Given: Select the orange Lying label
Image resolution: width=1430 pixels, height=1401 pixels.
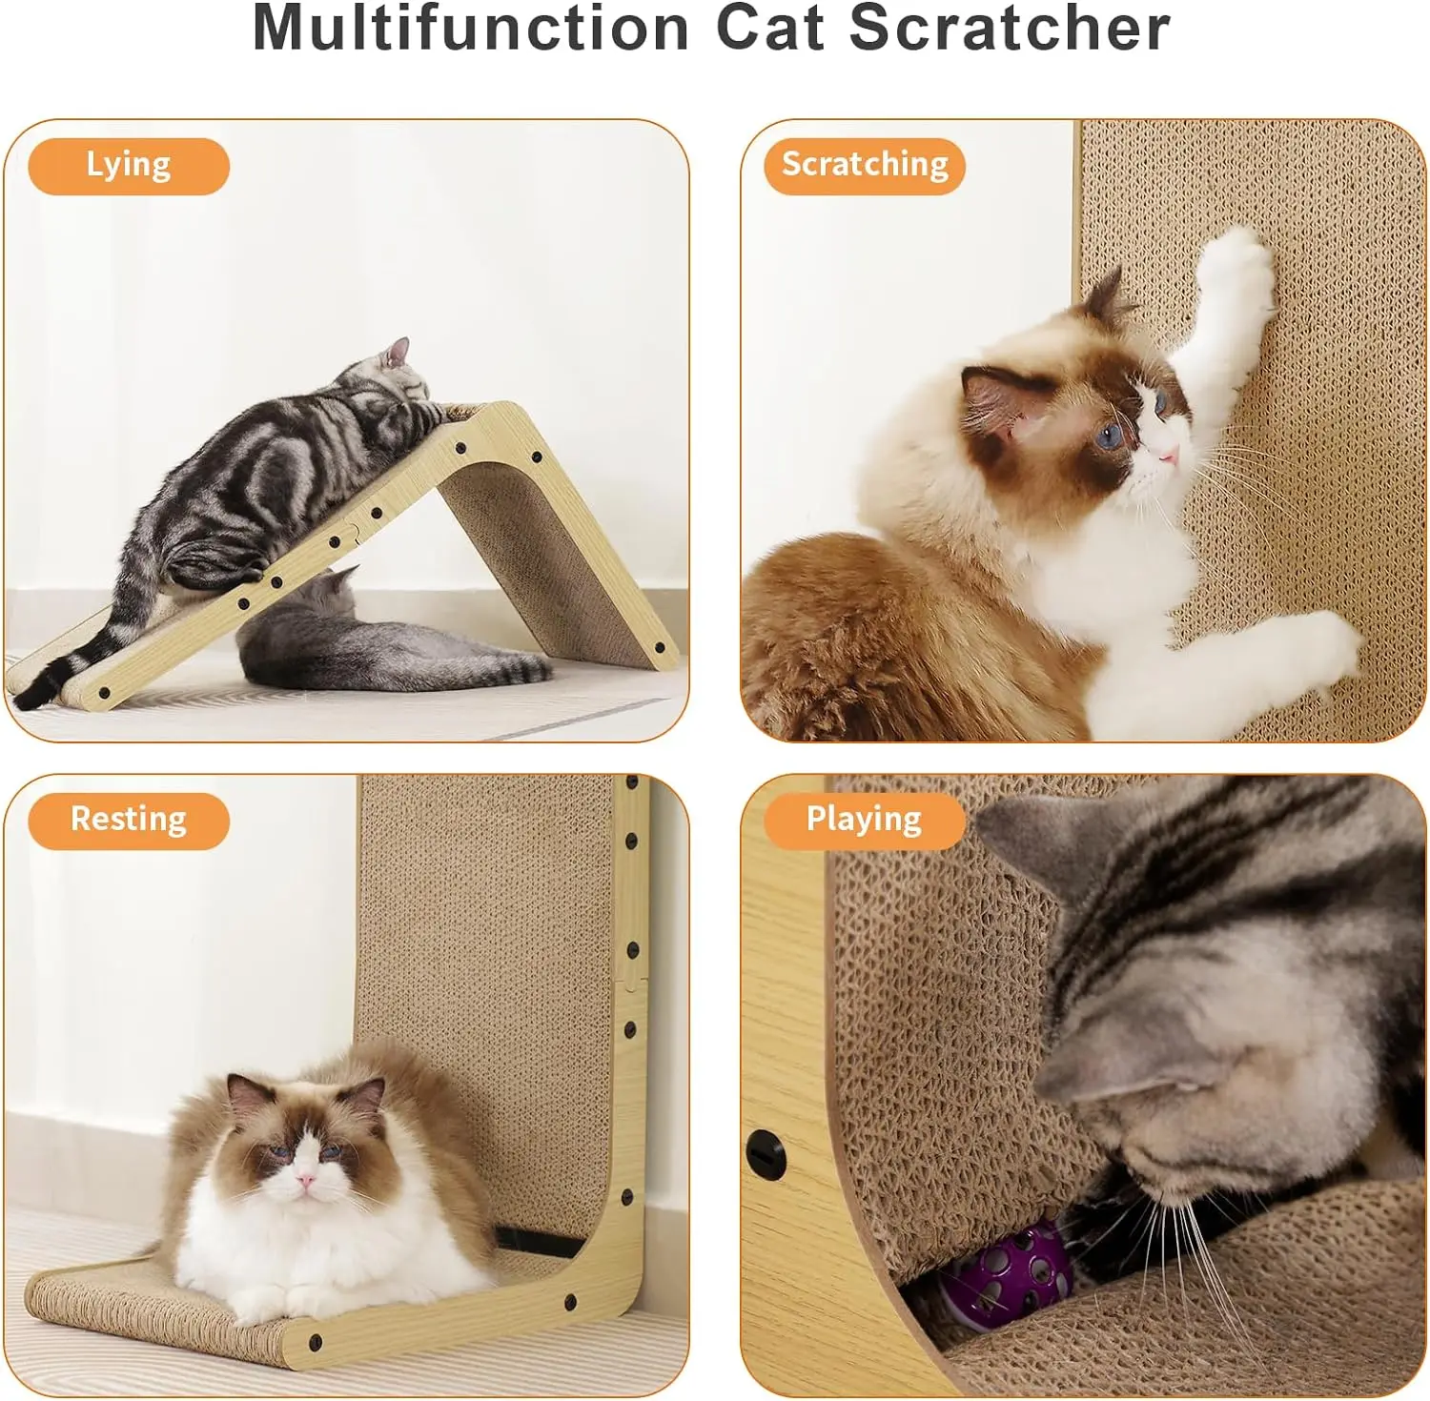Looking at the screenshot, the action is tap(129, 166).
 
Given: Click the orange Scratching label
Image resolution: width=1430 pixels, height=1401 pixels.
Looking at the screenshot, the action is tap(865, 166).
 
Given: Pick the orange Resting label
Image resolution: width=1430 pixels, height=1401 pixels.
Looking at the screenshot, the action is tap(129, 821).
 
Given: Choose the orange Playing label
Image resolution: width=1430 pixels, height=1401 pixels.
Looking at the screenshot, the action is tap(864, 821).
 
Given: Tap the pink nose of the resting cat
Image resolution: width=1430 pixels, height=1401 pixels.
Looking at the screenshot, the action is tap(305, 1181).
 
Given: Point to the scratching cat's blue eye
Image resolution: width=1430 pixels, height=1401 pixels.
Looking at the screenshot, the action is tap(1111, 437).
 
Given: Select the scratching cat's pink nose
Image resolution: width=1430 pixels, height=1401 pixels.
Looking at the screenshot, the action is tap(1169, 454).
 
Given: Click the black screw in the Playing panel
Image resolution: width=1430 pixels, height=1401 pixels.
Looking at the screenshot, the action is tap(766, 1154).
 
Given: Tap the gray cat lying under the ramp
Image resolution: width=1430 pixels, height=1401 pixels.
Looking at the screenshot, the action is tap(381, 640).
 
